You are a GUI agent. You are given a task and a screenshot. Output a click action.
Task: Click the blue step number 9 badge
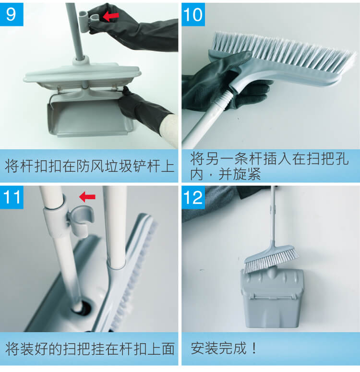tap(12, 14)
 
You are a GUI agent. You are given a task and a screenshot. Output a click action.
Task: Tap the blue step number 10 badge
tap(193, 14)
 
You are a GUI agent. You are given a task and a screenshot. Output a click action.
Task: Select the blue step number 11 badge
tap(12, 197)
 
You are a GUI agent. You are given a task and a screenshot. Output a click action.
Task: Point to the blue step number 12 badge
tap(193, 197)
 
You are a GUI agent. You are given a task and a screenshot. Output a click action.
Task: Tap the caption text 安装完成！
tap(224, 348)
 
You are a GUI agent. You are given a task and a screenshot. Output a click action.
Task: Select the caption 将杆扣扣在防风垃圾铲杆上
tap(90, 166)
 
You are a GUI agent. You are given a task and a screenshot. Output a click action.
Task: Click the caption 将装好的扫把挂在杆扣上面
tap(90, 348)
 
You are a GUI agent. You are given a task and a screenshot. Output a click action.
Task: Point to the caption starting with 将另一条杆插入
tap(269, 166)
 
